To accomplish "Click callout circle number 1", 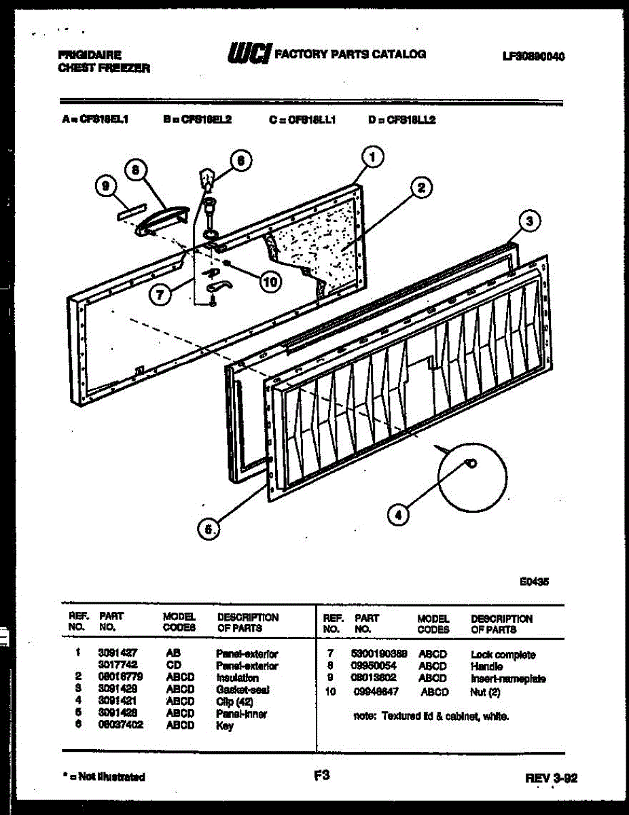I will [x=371, y=157].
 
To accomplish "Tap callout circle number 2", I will [x=421, y=188].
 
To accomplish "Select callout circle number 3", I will [x=531, y=220].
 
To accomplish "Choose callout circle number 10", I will [x=271, y=281].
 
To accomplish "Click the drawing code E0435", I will [x=534, y=581].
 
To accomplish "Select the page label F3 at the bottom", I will [x=322, y=774].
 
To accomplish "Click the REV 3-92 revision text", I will [x=551, y=778].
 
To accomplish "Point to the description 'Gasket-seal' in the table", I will [x=242, y=689].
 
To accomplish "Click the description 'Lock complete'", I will [x=503, y=655].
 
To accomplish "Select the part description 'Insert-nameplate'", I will [x=508, y=678].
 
